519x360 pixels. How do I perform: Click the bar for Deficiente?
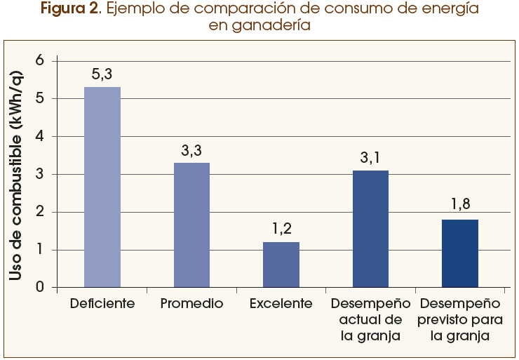click(102, 187)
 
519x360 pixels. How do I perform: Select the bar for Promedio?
click(191, 225)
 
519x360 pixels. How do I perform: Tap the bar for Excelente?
click(281, 265)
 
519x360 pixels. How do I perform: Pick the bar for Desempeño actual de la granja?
click(370, 229)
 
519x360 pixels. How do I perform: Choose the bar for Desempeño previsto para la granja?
click(460, 253)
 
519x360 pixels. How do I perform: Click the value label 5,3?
click(102, 74)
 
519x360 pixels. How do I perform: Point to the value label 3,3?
click(191, 150)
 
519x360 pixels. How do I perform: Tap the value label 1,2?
click(281, 229)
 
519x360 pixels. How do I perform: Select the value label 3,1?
click(370, 158)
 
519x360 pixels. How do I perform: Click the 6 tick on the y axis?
click(39, 61)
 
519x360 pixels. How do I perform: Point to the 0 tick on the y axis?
click(39, 287)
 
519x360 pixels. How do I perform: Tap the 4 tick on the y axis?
click(39, 136)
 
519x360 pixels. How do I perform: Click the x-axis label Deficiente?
click(102, 304)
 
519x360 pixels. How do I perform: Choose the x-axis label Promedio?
click(191, 304)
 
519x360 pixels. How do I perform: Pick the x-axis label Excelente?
click(281, 304)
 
